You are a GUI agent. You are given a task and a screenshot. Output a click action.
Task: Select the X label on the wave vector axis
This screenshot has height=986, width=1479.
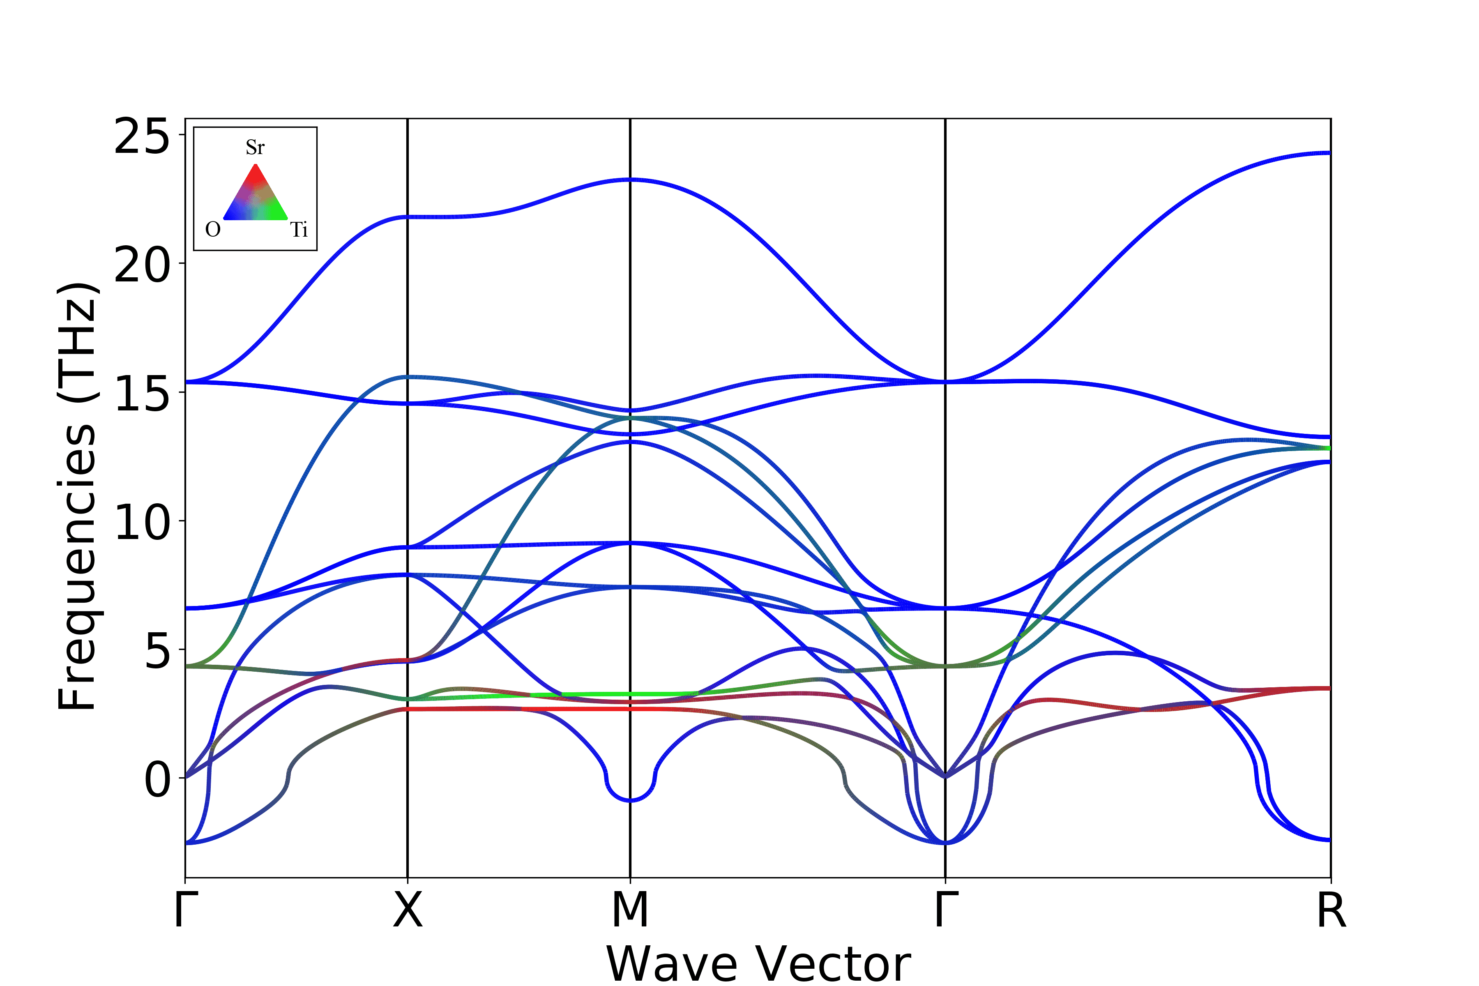coord(408,910)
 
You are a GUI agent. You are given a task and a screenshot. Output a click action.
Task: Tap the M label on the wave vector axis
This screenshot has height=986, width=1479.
coord(630,910)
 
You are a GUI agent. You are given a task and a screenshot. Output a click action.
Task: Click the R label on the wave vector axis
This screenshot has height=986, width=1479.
coord(1331,910)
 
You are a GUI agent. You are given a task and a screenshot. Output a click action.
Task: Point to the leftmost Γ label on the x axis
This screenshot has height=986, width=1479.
coord(186,910)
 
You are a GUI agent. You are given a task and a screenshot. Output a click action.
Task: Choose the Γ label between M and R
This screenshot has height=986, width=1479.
coord(946,910)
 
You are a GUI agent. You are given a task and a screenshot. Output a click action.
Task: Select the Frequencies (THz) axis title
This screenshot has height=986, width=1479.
coord(77,497)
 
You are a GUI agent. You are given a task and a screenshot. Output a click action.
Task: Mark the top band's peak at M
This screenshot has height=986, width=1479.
coord(630,180)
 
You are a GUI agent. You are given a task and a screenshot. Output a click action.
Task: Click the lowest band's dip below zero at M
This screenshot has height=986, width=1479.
coord(630,800)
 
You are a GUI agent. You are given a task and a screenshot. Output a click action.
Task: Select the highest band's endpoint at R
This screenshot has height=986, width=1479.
coord(1329,153)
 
